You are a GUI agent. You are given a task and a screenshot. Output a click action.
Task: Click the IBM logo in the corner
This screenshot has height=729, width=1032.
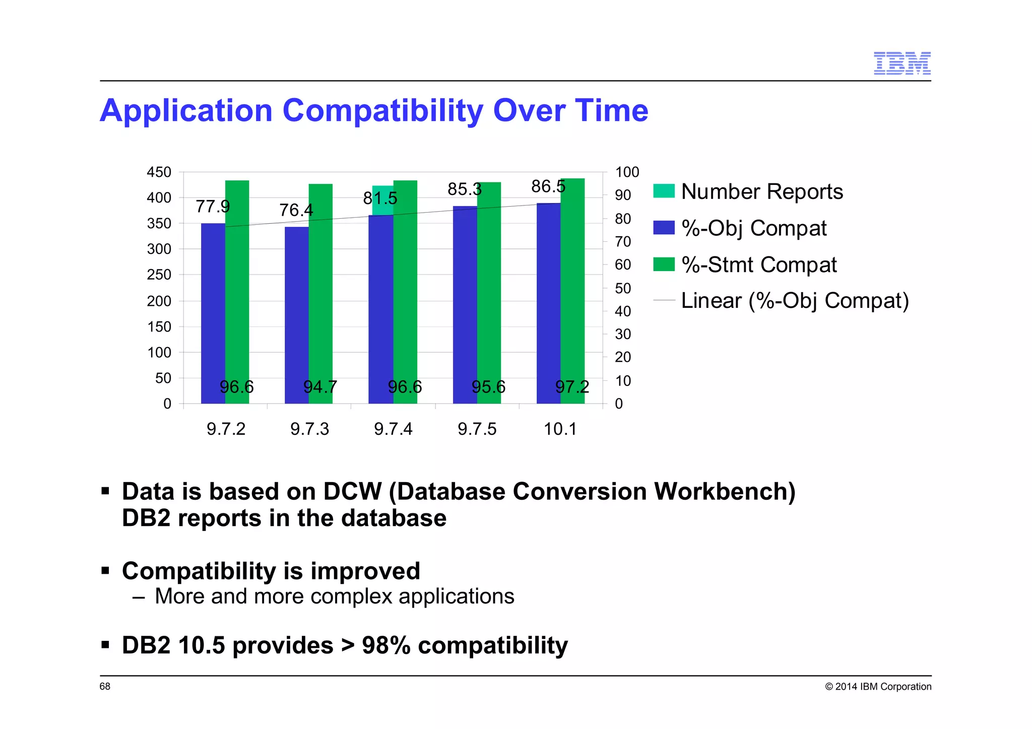901,63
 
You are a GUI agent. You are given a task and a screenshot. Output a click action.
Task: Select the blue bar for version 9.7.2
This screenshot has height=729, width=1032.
213,312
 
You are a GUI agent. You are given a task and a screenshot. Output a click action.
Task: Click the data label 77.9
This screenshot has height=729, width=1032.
213,207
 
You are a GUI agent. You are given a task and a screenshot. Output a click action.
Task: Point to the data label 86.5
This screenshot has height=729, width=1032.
548,186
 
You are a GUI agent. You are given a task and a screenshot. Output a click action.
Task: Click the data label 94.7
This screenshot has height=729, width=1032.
320,387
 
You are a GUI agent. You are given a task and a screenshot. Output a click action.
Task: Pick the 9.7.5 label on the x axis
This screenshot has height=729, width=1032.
477,429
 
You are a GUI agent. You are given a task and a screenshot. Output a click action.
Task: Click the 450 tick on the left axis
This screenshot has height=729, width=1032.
159,172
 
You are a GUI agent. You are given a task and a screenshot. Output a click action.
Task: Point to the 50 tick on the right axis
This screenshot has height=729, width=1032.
623,288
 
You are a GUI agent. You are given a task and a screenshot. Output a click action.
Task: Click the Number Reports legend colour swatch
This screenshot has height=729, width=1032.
664,191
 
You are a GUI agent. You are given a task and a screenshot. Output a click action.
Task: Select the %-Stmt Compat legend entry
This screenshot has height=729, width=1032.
758,265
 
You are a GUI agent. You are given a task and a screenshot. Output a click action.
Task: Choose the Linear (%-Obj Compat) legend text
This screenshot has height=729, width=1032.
795,301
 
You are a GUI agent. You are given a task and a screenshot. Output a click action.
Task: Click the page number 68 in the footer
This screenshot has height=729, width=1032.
105,687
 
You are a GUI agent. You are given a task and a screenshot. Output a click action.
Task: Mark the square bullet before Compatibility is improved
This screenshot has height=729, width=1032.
105,571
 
